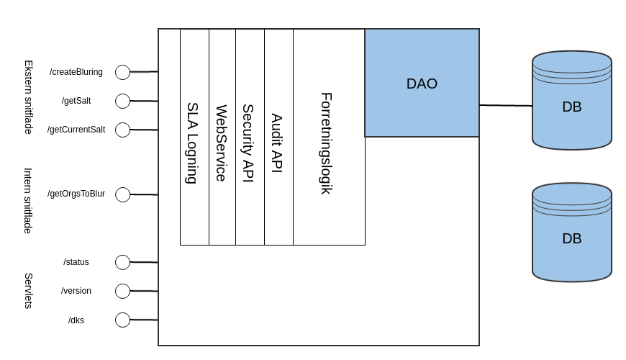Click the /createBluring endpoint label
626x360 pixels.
[76, 72]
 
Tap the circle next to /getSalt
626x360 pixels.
[122, 101]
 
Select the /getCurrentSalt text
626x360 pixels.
[76, 130]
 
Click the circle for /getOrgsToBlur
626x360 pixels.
[122, 194]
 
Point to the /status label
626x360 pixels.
[76, 262]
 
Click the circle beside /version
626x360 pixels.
[122, 291]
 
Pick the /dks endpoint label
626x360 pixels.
[76, 320]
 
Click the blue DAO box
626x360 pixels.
[422, 83]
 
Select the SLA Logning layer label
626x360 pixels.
[192, 143]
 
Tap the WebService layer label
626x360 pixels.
[222, 143]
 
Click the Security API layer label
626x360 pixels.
[248, 143]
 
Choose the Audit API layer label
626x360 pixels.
[277, 143]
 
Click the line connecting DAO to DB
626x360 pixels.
[506, 105]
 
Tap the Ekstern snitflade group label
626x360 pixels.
[29, 96]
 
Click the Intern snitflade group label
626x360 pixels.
[29, 200]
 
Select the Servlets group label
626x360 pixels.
[29, 291]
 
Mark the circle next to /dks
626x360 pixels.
[122, 320]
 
